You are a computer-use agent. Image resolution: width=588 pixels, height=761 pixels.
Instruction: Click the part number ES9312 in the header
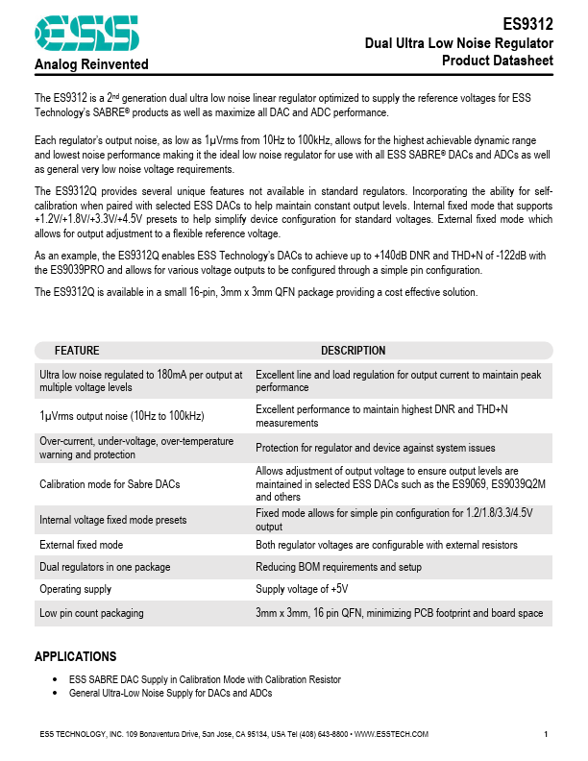tap(528, 27)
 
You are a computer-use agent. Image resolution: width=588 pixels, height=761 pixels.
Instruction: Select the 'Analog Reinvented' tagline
tap(91, 64)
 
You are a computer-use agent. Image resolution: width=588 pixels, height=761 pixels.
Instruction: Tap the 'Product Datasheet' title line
tap(497, 61)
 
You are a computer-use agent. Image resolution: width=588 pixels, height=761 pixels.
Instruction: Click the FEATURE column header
tap(77, 351)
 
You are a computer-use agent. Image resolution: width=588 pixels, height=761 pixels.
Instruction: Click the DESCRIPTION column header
tap(353, 351)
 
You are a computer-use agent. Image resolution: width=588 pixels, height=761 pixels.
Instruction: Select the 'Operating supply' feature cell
tap(75, 589)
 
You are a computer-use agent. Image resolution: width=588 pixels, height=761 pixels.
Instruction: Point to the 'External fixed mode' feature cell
tap(82, 545)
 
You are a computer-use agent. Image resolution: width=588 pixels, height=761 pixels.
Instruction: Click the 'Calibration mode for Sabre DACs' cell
tap(110, 484)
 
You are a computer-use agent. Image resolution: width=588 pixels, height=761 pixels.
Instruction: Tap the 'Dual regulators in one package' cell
tap(105, 567)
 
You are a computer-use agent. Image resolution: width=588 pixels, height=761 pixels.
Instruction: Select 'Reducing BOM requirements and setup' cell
tap(339, 567)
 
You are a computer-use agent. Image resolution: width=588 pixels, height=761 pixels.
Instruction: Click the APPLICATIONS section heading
tap(75, 657)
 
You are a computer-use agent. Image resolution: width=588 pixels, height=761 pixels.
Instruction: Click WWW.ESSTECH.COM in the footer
tap(391, 735)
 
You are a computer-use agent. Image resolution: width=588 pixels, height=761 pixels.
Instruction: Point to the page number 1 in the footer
tap(546, 735)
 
